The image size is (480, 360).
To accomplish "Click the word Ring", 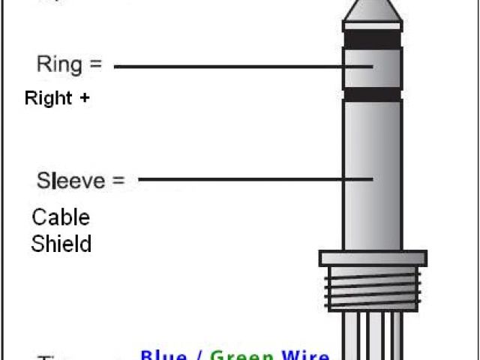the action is pyautogui.click(x=58, y=64).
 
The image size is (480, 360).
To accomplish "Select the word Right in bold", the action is pyautogui.click(x=48, y=98).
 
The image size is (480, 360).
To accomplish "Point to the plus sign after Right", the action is pyautogui.click(x=85, y=98).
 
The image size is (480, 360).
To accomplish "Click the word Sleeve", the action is pyautogui.click(x=67, y=181).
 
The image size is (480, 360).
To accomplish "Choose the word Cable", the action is pyautogui.click(x=60, y=218).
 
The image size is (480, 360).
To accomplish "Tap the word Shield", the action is pyautogui.click(x=61, y=244).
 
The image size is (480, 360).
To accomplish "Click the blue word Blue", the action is pyautogui.click(x=163, y=355).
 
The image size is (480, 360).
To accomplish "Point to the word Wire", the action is pyautogui.click(x=304, y=355).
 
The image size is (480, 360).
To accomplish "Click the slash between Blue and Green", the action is pyautogui.click(x=198, y=355).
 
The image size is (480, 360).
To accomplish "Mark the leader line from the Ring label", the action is pyautogui.click(x=240, y=66).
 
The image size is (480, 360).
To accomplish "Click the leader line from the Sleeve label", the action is pyautogui.click(x=255, y=179).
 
